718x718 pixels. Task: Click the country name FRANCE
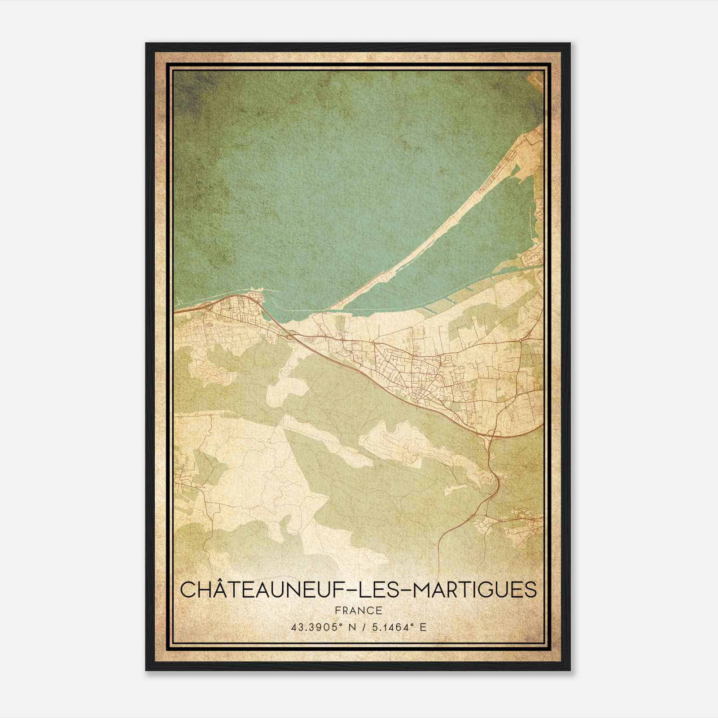(x=358, y=611)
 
